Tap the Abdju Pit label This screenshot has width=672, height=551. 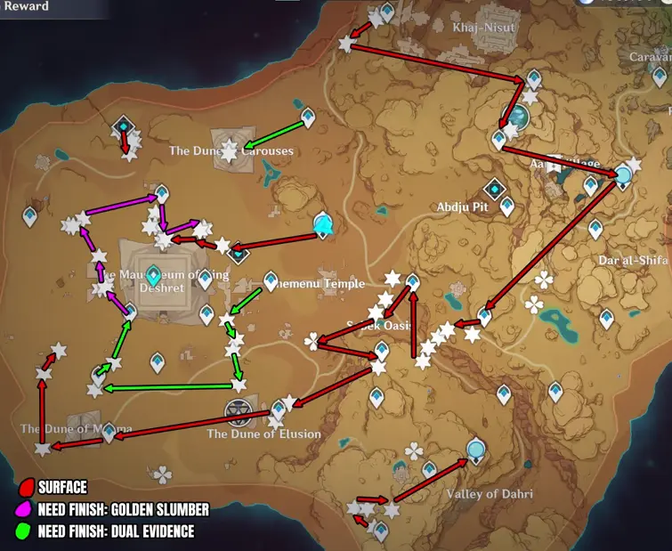point(464,207)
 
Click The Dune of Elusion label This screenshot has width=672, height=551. point(263,434)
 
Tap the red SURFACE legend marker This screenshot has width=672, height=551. point(28,487)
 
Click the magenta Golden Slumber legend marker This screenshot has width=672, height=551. point(28,510)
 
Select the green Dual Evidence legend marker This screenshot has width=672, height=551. point(28,532)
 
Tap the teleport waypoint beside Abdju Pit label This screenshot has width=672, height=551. point(495,189)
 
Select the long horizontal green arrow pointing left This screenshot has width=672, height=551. point(169,386)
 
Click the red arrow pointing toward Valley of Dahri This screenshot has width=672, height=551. point(431,481)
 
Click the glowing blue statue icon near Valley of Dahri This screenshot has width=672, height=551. point(477,450)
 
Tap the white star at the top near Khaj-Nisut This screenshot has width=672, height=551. point(347,43)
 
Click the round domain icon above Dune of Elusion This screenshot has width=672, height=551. point(237,410)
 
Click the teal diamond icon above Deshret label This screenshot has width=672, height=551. point(153,274)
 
